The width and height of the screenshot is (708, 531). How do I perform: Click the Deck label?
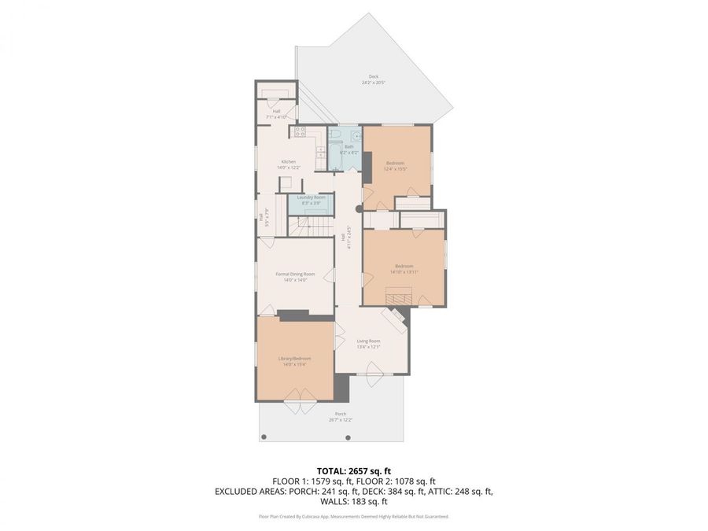374,77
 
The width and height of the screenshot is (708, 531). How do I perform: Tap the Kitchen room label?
267,161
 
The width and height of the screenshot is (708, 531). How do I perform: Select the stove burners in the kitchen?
299,132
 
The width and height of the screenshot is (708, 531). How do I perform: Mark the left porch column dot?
264,436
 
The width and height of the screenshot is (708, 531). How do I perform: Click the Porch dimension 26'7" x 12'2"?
341,420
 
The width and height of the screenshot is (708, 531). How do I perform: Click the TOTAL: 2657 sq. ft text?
353,470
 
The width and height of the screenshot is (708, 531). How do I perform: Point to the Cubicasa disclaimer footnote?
353,517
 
